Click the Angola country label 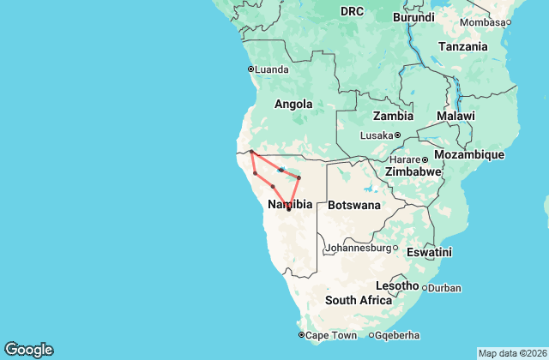(293, 104)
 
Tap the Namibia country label (289, 204)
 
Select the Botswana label (354, 205)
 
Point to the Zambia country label (393, 116)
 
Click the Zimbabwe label (413, 171)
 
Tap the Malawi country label (455, 116)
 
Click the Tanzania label (463, 46)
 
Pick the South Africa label (358, 300)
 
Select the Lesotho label (397, 285)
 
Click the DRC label (352, 11)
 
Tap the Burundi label (413, 17)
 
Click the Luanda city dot (250, 69)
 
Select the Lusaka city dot (398, 135)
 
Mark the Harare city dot (424, 159)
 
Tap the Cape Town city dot (301, 334)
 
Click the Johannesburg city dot (395, 249)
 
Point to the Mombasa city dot (509, 22)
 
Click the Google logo (28, 350)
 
